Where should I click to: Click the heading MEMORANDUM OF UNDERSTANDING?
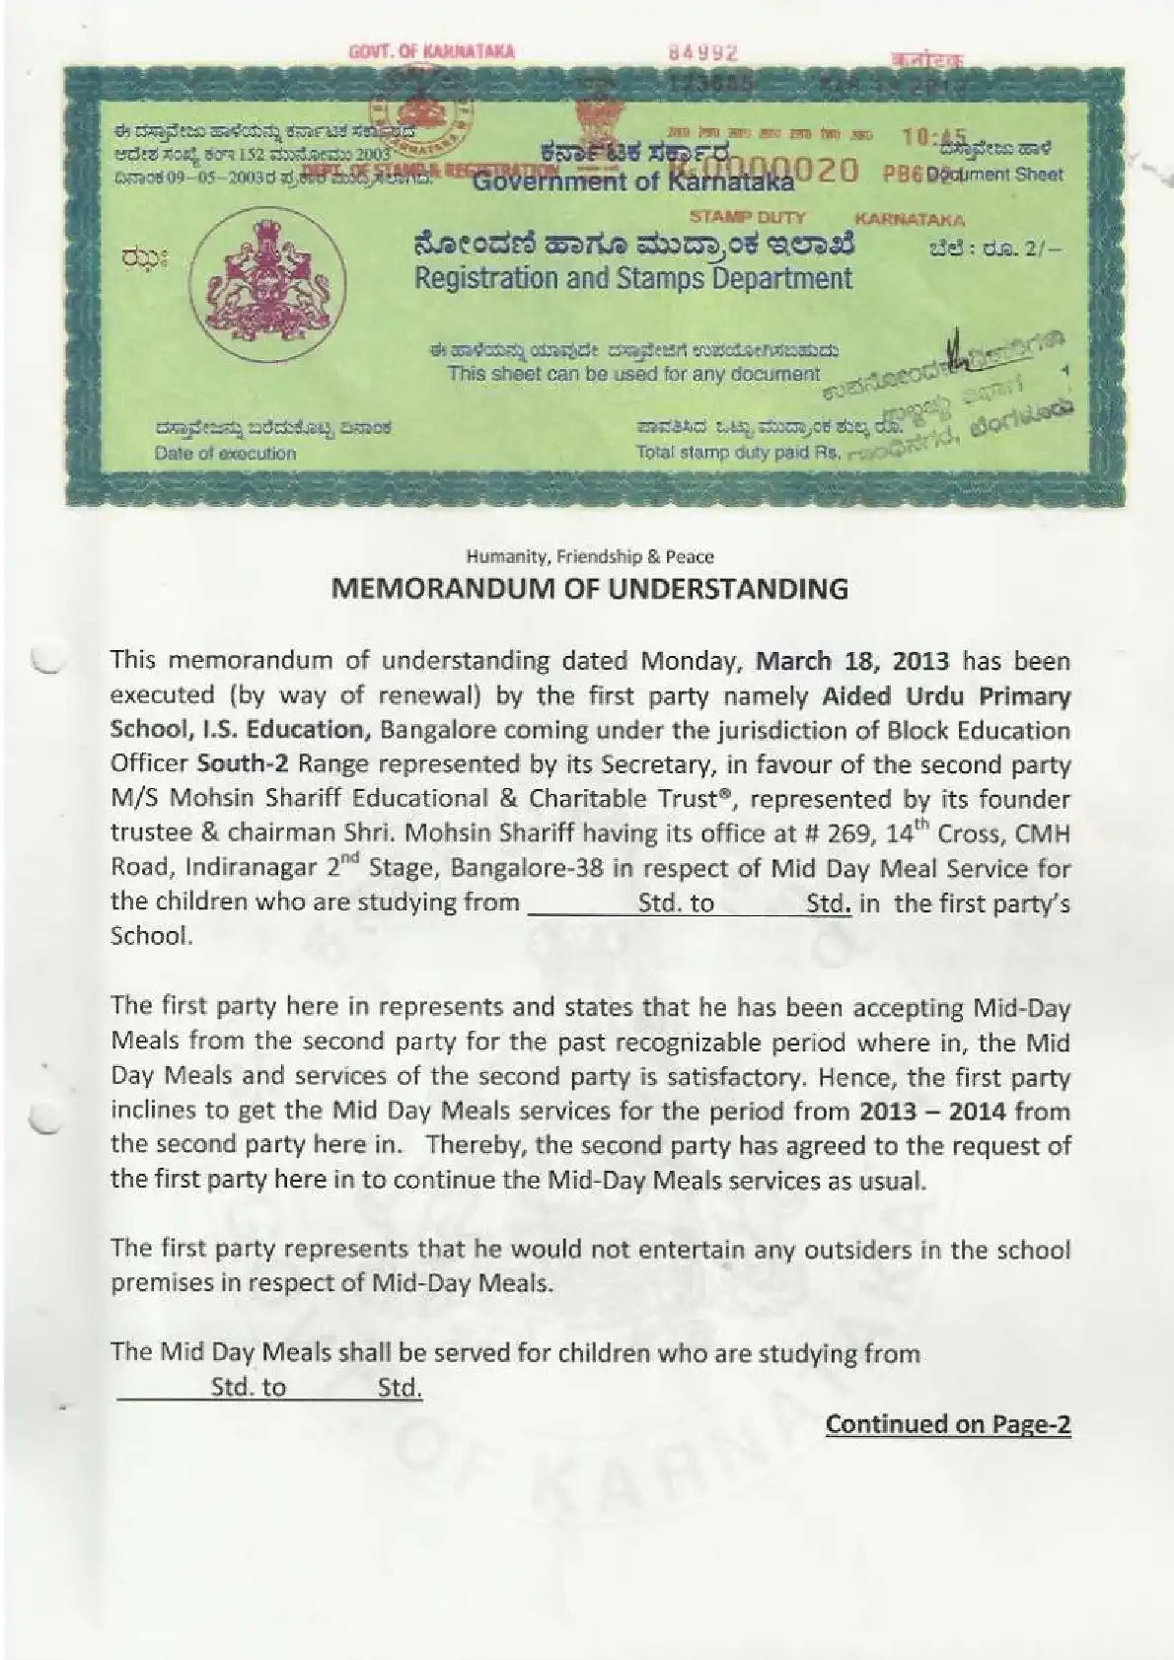point(589,589)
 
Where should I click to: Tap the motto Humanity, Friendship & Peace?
point(589,556)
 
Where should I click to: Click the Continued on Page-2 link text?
point(947,1423)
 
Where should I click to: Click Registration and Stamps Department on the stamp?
point(632,278)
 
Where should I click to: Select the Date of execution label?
point(225,454)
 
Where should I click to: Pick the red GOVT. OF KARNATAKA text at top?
point(432,51)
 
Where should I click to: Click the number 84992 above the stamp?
point(703,53)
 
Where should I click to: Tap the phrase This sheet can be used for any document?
point(633,374)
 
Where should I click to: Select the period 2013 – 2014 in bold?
point(932,1111)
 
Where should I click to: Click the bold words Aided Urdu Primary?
point(947,695)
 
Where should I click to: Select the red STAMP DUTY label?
point(747,217)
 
